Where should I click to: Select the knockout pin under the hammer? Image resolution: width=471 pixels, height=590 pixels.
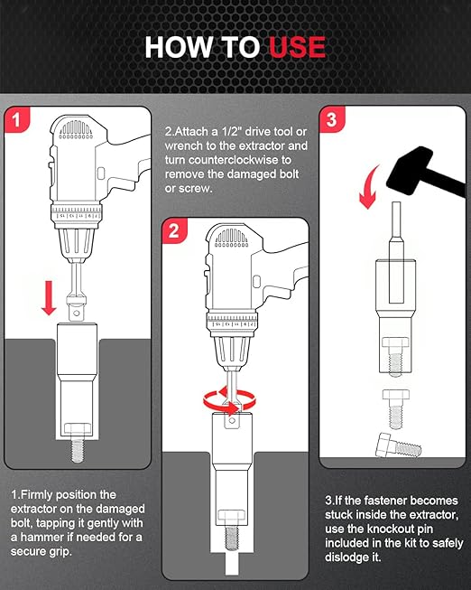pos(395,230)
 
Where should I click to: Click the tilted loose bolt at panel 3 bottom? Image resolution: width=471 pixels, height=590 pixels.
pos(396,447)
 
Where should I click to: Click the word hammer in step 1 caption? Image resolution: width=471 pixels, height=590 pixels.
pos(34,539)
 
